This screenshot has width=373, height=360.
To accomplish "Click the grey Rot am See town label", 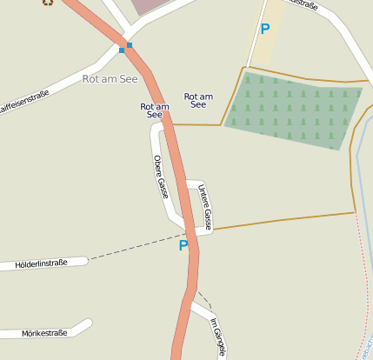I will click(x=110, y=78).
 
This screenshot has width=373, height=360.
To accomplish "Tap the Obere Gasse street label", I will click(x=160, y=176).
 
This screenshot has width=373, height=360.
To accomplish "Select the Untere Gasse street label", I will click(x=205, y=205).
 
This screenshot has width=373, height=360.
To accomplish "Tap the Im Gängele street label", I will click(x=217, y=337).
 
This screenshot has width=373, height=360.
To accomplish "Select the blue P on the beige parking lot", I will click(x=265, y=29).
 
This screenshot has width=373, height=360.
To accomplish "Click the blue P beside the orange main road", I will click(x=183, y=246).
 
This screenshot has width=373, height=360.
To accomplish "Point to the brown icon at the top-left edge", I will click(x=47, y=3).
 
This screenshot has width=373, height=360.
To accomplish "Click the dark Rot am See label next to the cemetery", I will click(x=198, y=100).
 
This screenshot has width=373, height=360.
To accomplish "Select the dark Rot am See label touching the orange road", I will click(x=154, y=110).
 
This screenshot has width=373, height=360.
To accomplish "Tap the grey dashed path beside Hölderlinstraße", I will click(x=130, y=250).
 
